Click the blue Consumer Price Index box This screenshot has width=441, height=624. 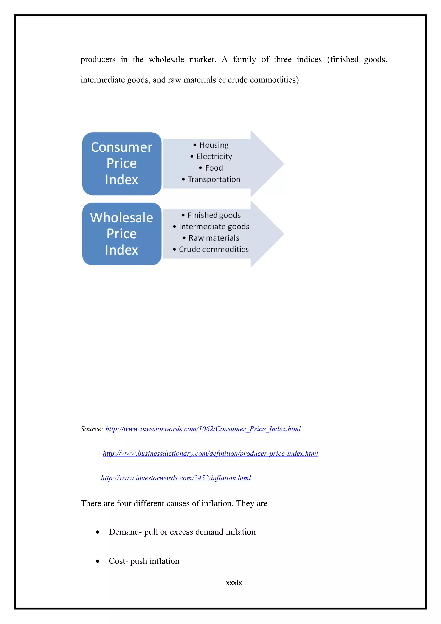122,164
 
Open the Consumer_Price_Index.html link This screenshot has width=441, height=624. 203,429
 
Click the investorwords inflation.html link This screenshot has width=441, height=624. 176,478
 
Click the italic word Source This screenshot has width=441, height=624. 92,429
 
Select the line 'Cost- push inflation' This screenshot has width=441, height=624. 144,561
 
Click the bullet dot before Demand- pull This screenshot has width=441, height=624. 98,532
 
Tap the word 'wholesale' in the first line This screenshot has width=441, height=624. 166,59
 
